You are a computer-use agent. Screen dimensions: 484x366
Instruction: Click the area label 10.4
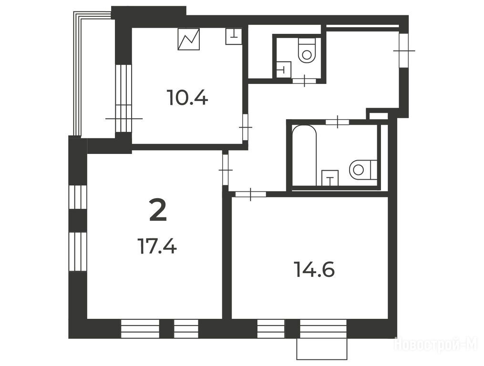(x=187, y=97)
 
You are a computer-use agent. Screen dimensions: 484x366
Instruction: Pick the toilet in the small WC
(x=307, y=51)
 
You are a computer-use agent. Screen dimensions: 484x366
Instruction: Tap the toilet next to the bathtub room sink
(x=363, y=170)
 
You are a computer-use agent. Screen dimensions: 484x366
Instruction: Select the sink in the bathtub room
(x=330, y=178)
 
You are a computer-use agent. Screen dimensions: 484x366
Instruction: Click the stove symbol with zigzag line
(x=189, y=39)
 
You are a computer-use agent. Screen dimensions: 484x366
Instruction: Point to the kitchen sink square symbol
(x=233, y=36)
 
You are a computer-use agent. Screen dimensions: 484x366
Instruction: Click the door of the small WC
(x=304, y=81)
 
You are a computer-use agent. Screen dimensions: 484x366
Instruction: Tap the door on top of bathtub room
(x=338, y=122)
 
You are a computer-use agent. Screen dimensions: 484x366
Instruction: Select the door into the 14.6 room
(x=250, y=194)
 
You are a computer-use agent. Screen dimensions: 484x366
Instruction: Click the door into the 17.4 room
(x=226, y=170)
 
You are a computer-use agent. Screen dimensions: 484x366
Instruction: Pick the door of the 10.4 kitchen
(x=246, y=127)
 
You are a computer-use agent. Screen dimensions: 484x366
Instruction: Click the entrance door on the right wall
(x=403, y=50)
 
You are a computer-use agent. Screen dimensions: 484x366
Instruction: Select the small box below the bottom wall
(x=322, y=349)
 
